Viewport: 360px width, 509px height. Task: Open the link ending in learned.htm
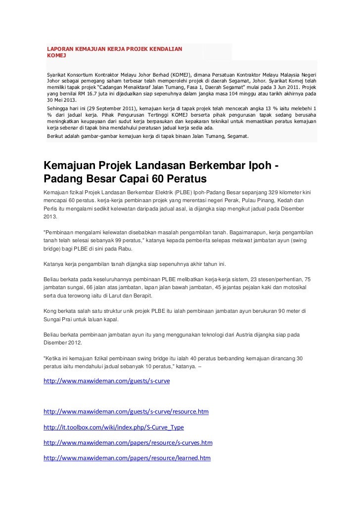point(127,458)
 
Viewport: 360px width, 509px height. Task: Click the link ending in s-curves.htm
point(128,443)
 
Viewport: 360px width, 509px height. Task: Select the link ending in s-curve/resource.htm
point(126,411)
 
